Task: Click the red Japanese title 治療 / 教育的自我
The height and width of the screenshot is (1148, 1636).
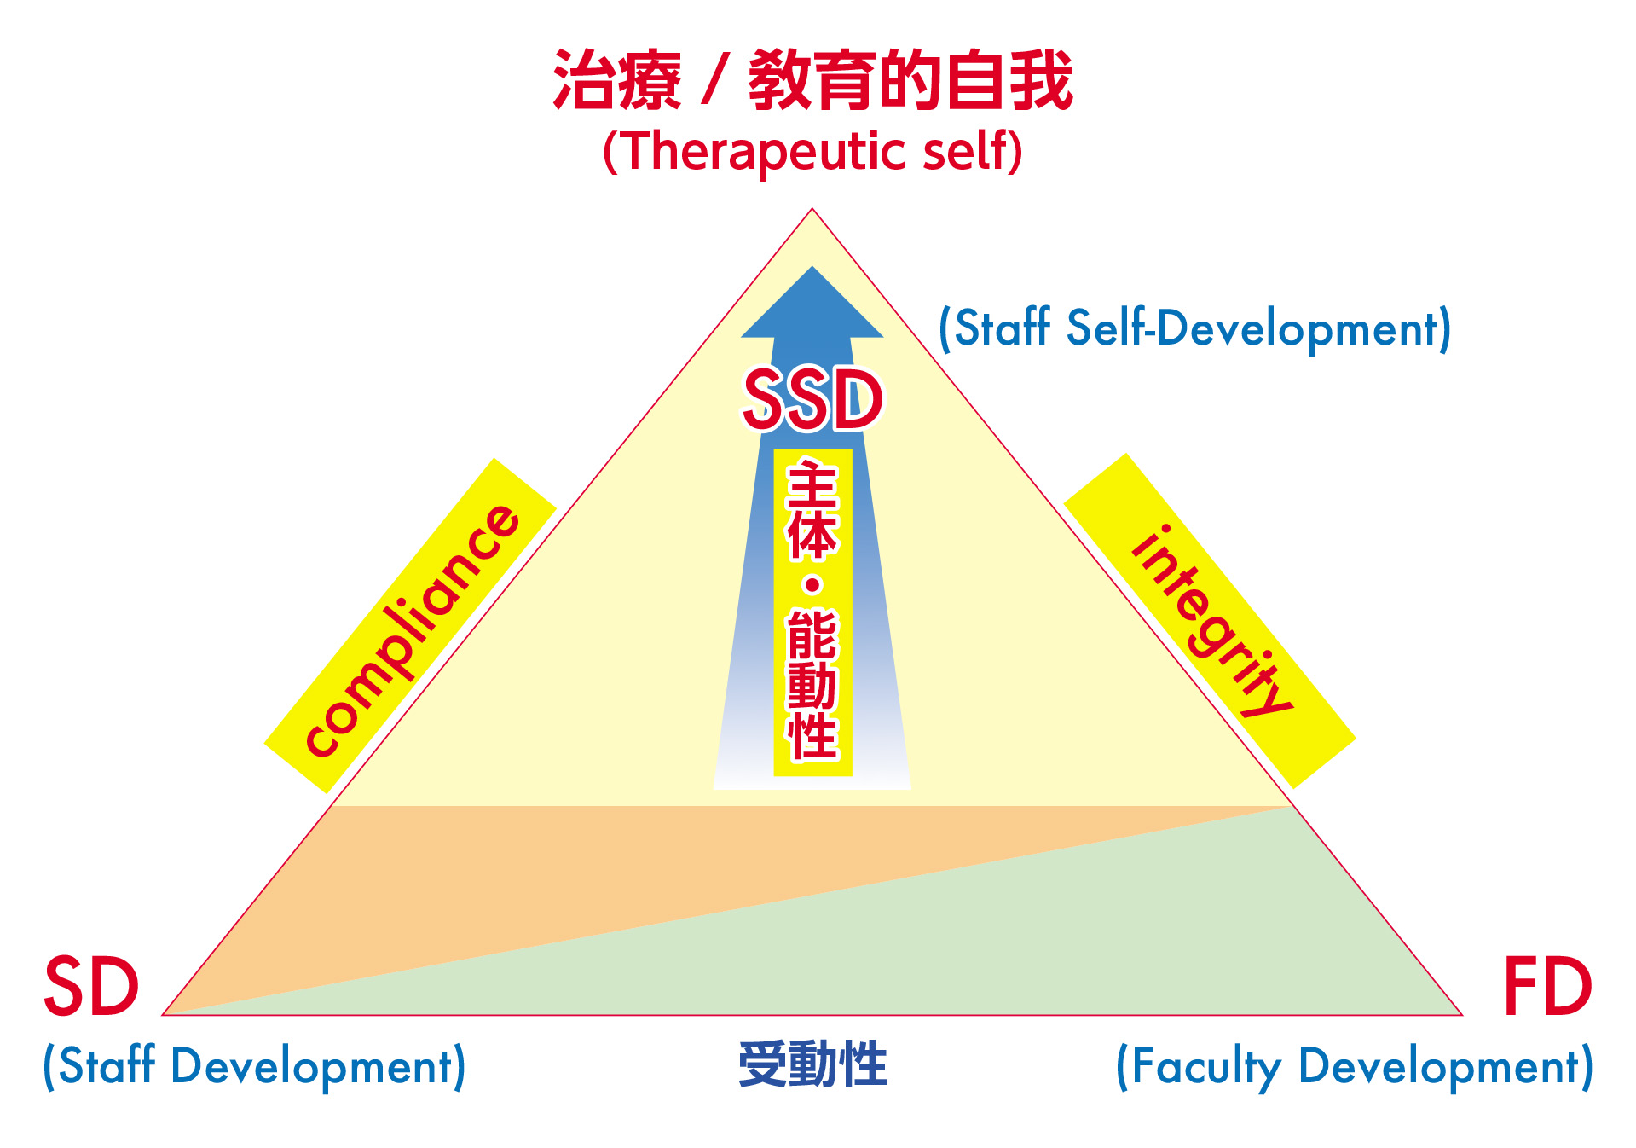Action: pyautogui.click(x=812, y=80)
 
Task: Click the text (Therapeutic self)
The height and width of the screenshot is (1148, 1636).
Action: pyautogui.click(x=812, y=152)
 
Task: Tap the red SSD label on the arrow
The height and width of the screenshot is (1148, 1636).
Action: pyautogui.click(x=812, y=399)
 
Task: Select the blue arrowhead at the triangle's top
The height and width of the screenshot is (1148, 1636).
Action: pyautogui.click(x=812, y=303)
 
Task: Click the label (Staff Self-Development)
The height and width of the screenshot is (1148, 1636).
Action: pyautogui.click(x=1194, y=329)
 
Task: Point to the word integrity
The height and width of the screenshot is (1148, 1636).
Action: pyautogui.click(x=1211, y=621)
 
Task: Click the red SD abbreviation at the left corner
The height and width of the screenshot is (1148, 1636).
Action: pyautogui.click(x=91, y=986)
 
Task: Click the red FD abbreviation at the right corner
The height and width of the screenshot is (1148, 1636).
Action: pyautogui.click(x=1547, y=986)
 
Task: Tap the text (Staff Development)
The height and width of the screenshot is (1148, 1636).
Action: pyautogui.click(x=255, y=1066)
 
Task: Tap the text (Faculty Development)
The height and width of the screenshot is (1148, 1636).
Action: pyautogui.click(x=1355, y=1066)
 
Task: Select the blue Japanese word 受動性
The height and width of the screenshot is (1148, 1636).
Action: pyautogui.click(x=812, y=1064)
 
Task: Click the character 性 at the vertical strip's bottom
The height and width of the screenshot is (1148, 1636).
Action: pyautogui.click(x=812, y=735)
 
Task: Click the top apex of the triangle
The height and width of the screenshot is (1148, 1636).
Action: pyautogui.click(x=812, y=208)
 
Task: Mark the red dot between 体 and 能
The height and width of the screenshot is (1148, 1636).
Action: pyautogui.click(x=812, y=586)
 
